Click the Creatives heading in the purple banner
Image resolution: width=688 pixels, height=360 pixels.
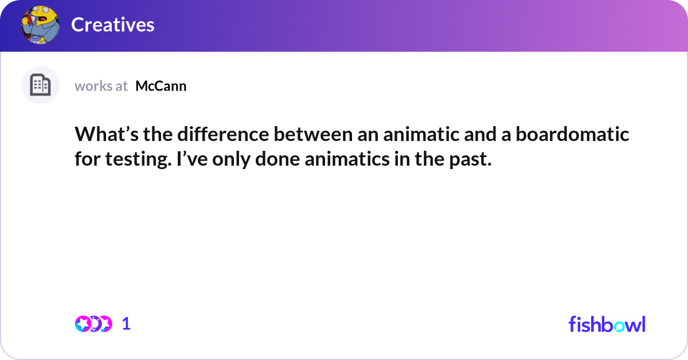tap(113, 25)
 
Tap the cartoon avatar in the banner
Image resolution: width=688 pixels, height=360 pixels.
tap(40, 25)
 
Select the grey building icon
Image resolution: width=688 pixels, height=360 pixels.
tap(40, 85)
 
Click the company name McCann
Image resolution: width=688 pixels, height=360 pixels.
tap(161, 86)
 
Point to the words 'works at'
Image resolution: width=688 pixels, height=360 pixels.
tap(101, 86)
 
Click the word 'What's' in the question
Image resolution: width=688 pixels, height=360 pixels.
tap(101, 135)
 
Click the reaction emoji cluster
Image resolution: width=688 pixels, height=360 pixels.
tap(93, 324)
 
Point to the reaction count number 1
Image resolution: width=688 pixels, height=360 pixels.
tap(127, 324)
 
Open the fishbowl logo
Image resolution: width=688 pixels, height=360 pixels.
tap(607, 324)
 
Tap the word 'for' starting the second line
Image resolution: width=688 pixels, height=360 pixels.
tap(85, 160)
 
